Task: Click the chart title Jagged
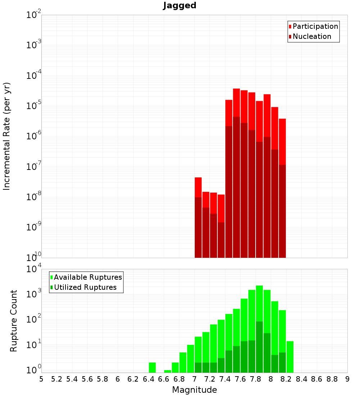(x=180, y=6)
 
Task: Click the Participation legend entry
(x=315, y=27)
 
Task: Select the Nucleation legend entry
(x=312, y=37)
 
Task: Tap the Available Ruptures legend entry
(x=88, y=278)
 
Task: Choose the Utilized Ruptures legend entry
(x=85, y=288)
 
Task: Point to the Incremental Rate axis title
(x=7, y=136)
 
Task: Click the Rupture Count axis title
(x=14, y=321)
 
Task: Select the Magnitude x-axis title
(x=194, y=390)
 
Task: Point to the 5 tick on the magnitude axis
(x=41, y=379)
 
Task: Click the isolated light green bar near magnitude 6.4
(x=152, y=368)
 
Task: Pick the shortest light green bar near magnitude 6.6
(x=167, y=371)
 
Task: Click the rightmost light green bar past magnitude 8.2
(x=290, y=357)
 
